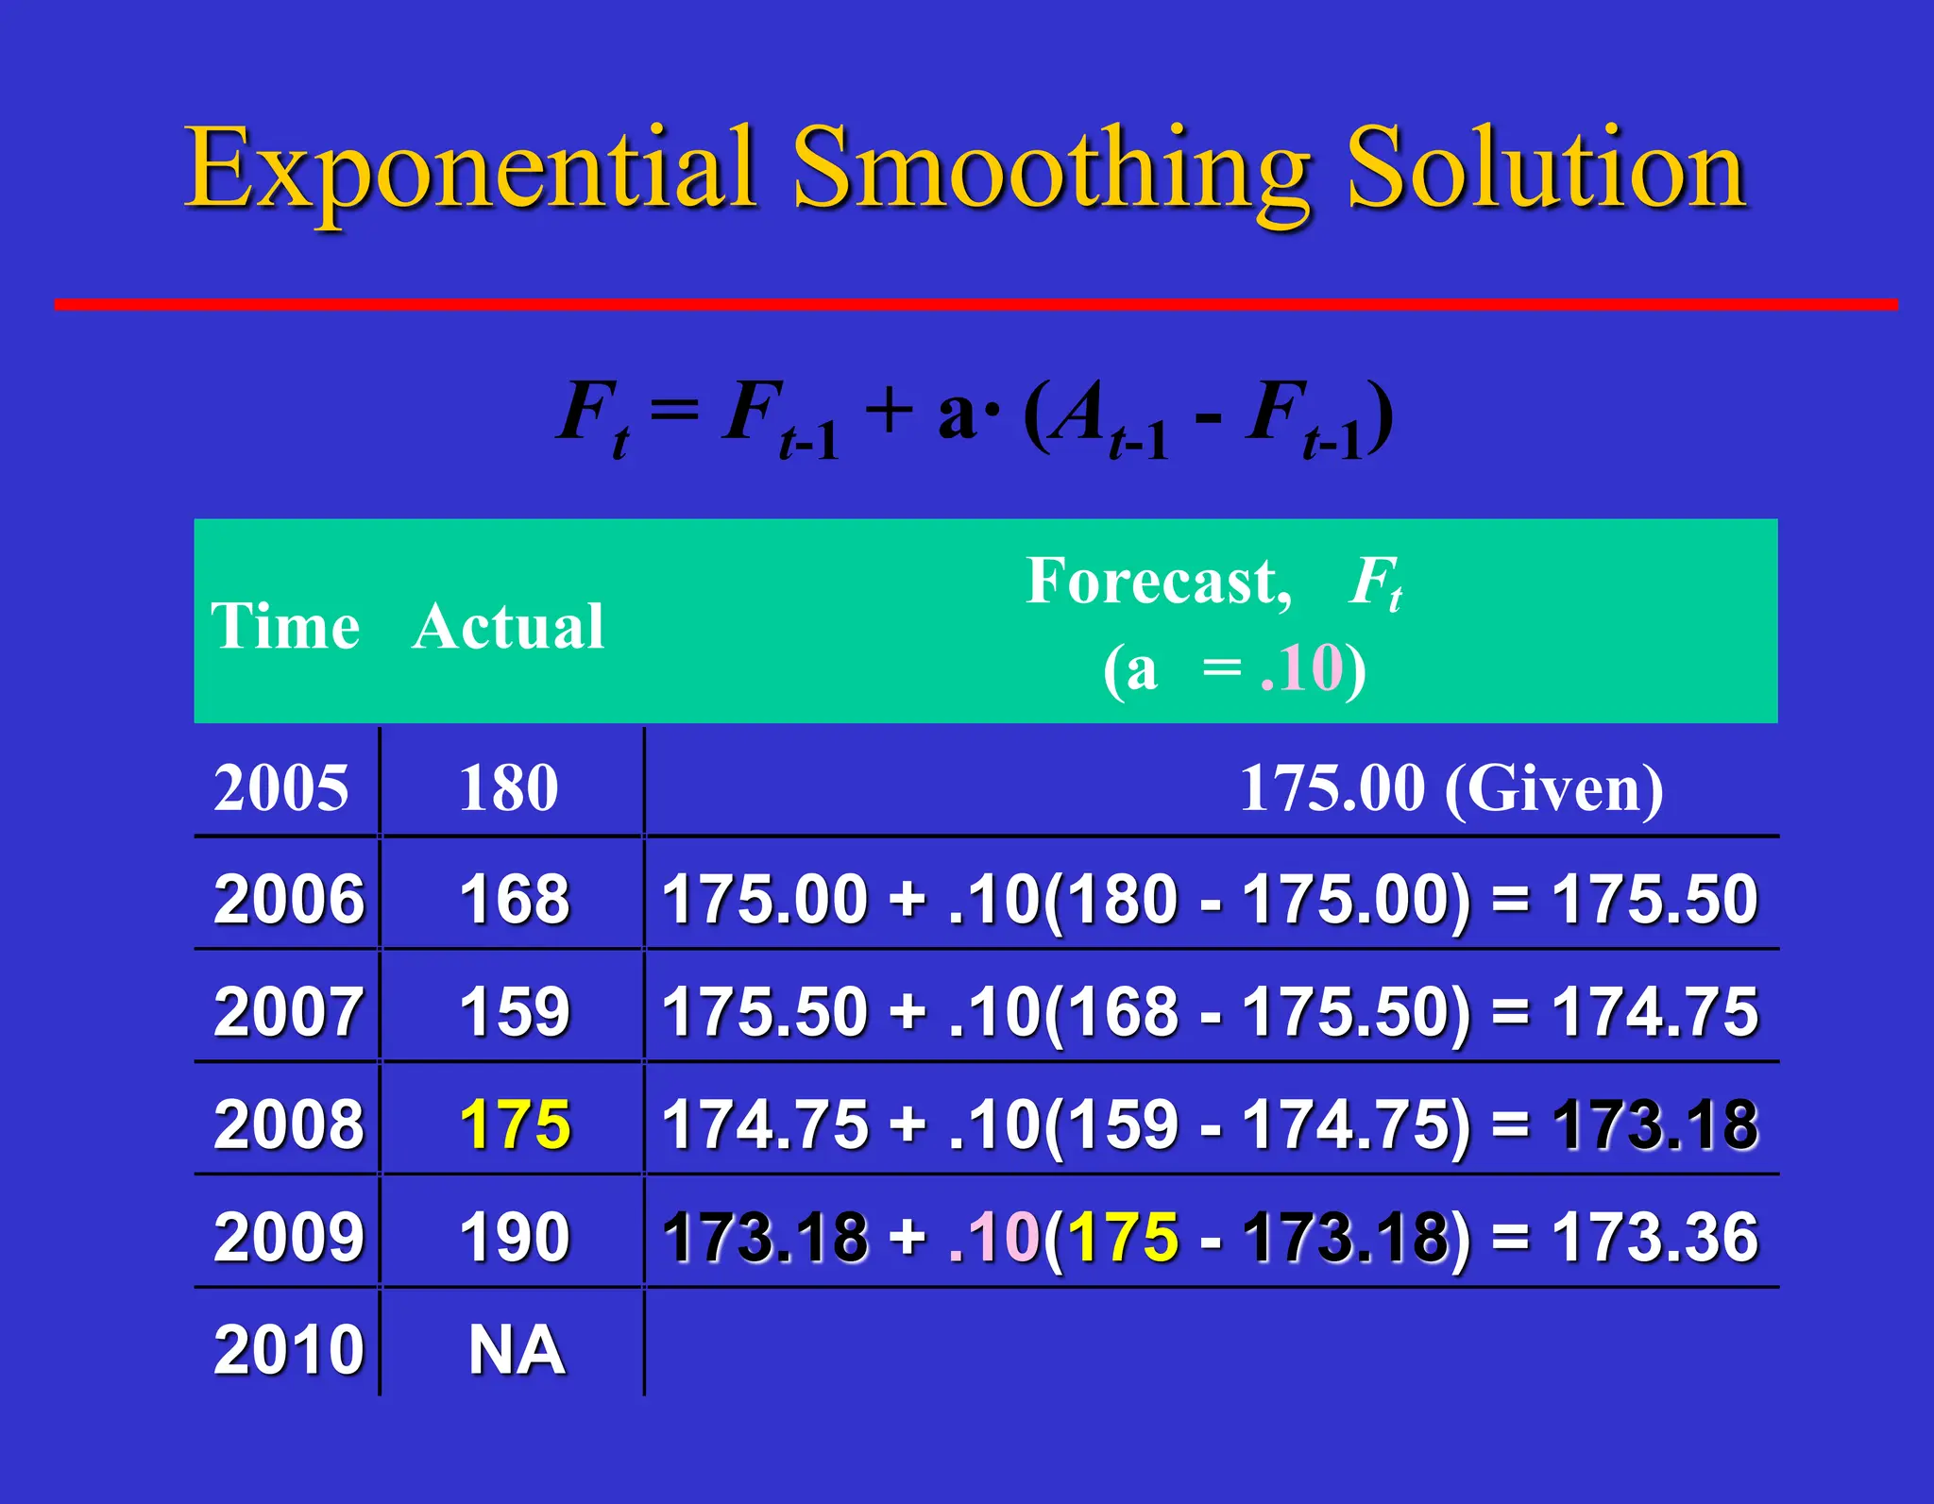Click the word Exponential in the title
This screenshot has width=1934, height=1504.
(469, 170)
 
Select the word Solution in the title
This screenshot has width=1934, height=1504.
(1546, 170)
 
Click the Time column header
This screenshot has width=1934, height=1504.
(284, 626)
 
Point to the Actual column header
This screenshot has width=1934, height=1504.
(508, 626)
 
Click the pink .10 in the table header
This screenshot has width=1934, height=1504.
(1301, 668)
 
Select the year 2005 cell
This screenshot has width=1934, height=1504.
(281, 788)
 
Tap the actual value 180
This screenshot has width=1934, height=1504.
(509, 788)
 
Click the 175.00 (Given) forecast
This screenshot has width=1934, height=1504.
(1450, 788)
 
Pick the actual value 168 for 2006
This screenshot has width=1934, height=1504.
(515, 899)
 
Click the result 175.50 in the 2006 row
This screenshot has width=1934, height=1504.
(1654, 899)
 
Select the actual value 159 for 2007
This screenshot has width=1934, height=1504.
(515, 1012)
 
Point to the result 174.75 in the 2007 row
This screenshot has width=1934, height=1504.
(1654, 1012)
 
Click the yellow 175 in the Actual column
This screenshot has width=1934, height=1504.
(515, 1124)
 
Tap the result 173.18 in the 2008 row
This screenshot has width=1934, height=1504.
(1654, 1124)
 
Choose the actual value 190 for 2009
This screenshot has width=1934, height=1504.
(515, 1237)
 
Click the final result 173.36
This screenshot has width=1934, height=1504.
(1654, 1237)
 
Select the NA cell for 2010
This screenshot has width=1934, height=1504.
(517, 1350)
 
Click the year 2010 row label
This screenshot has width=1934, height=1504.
(288, 1350)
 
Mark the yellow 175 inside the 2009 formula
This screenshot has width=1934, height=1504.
(1123, 1237)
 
